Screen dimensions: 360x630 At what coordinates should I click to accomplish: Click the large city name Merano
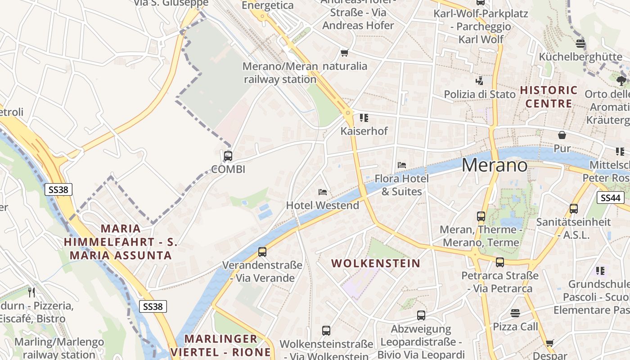(x=495, y=165)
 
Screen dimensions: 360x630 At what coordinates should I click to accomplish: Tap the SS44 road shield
(x=611, y=197)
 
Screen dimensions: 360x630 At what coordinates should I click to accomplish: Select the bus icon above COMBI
(x=228, y=156)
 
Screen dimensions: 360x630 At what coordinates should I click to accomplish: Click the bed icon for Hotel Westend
(x=323, y=192)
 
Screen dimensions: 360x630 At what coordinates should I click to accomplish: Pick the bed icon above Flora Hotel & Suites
(x=402, y=165)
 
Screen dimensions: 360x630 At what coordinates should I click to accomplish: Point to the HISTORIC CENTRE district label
(x=549, y=97)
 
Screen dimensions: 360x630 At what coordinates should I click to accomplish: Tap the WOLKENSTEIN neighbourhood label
(x=376, y=263)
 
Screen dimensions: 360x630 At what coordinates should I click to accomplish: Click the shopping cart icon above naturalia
(x=345, y=53)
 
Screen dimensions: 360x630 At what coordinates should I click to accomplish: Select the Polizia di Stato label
(x=480, y=94)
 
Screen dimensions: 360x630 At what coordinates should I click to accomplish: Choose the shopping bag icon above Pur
(x=562, y=135)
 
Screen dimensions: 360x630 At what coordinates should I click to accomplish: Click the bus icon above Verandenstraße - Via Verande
(x=262, y=252)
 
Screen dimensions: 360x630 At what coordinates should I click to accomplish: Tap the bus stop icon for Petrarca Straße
(x=500, y=262)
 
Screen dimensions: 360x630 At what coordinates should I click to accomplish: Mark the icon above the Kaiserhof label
(x=364, y=118)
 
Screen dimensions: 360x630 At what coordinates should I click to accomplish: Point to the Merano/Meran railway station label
(x=280, y=73)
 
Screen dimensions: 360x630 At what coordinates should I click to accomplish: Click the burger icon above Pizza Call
(x=515, y=313)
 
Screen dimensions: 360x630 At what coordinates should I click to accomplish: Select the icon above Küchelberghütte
(x=580, y=44)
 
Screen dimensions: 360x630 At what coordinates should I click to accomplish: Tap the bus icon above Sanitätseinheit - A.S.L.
(x=573, y=208)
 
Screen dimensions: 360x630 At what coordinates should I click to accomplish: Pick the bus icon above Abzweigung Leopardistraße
(x=421, y=315)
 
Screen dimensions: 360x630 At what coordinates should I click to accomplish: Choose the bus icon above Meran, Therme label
(x=481, y=216)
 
